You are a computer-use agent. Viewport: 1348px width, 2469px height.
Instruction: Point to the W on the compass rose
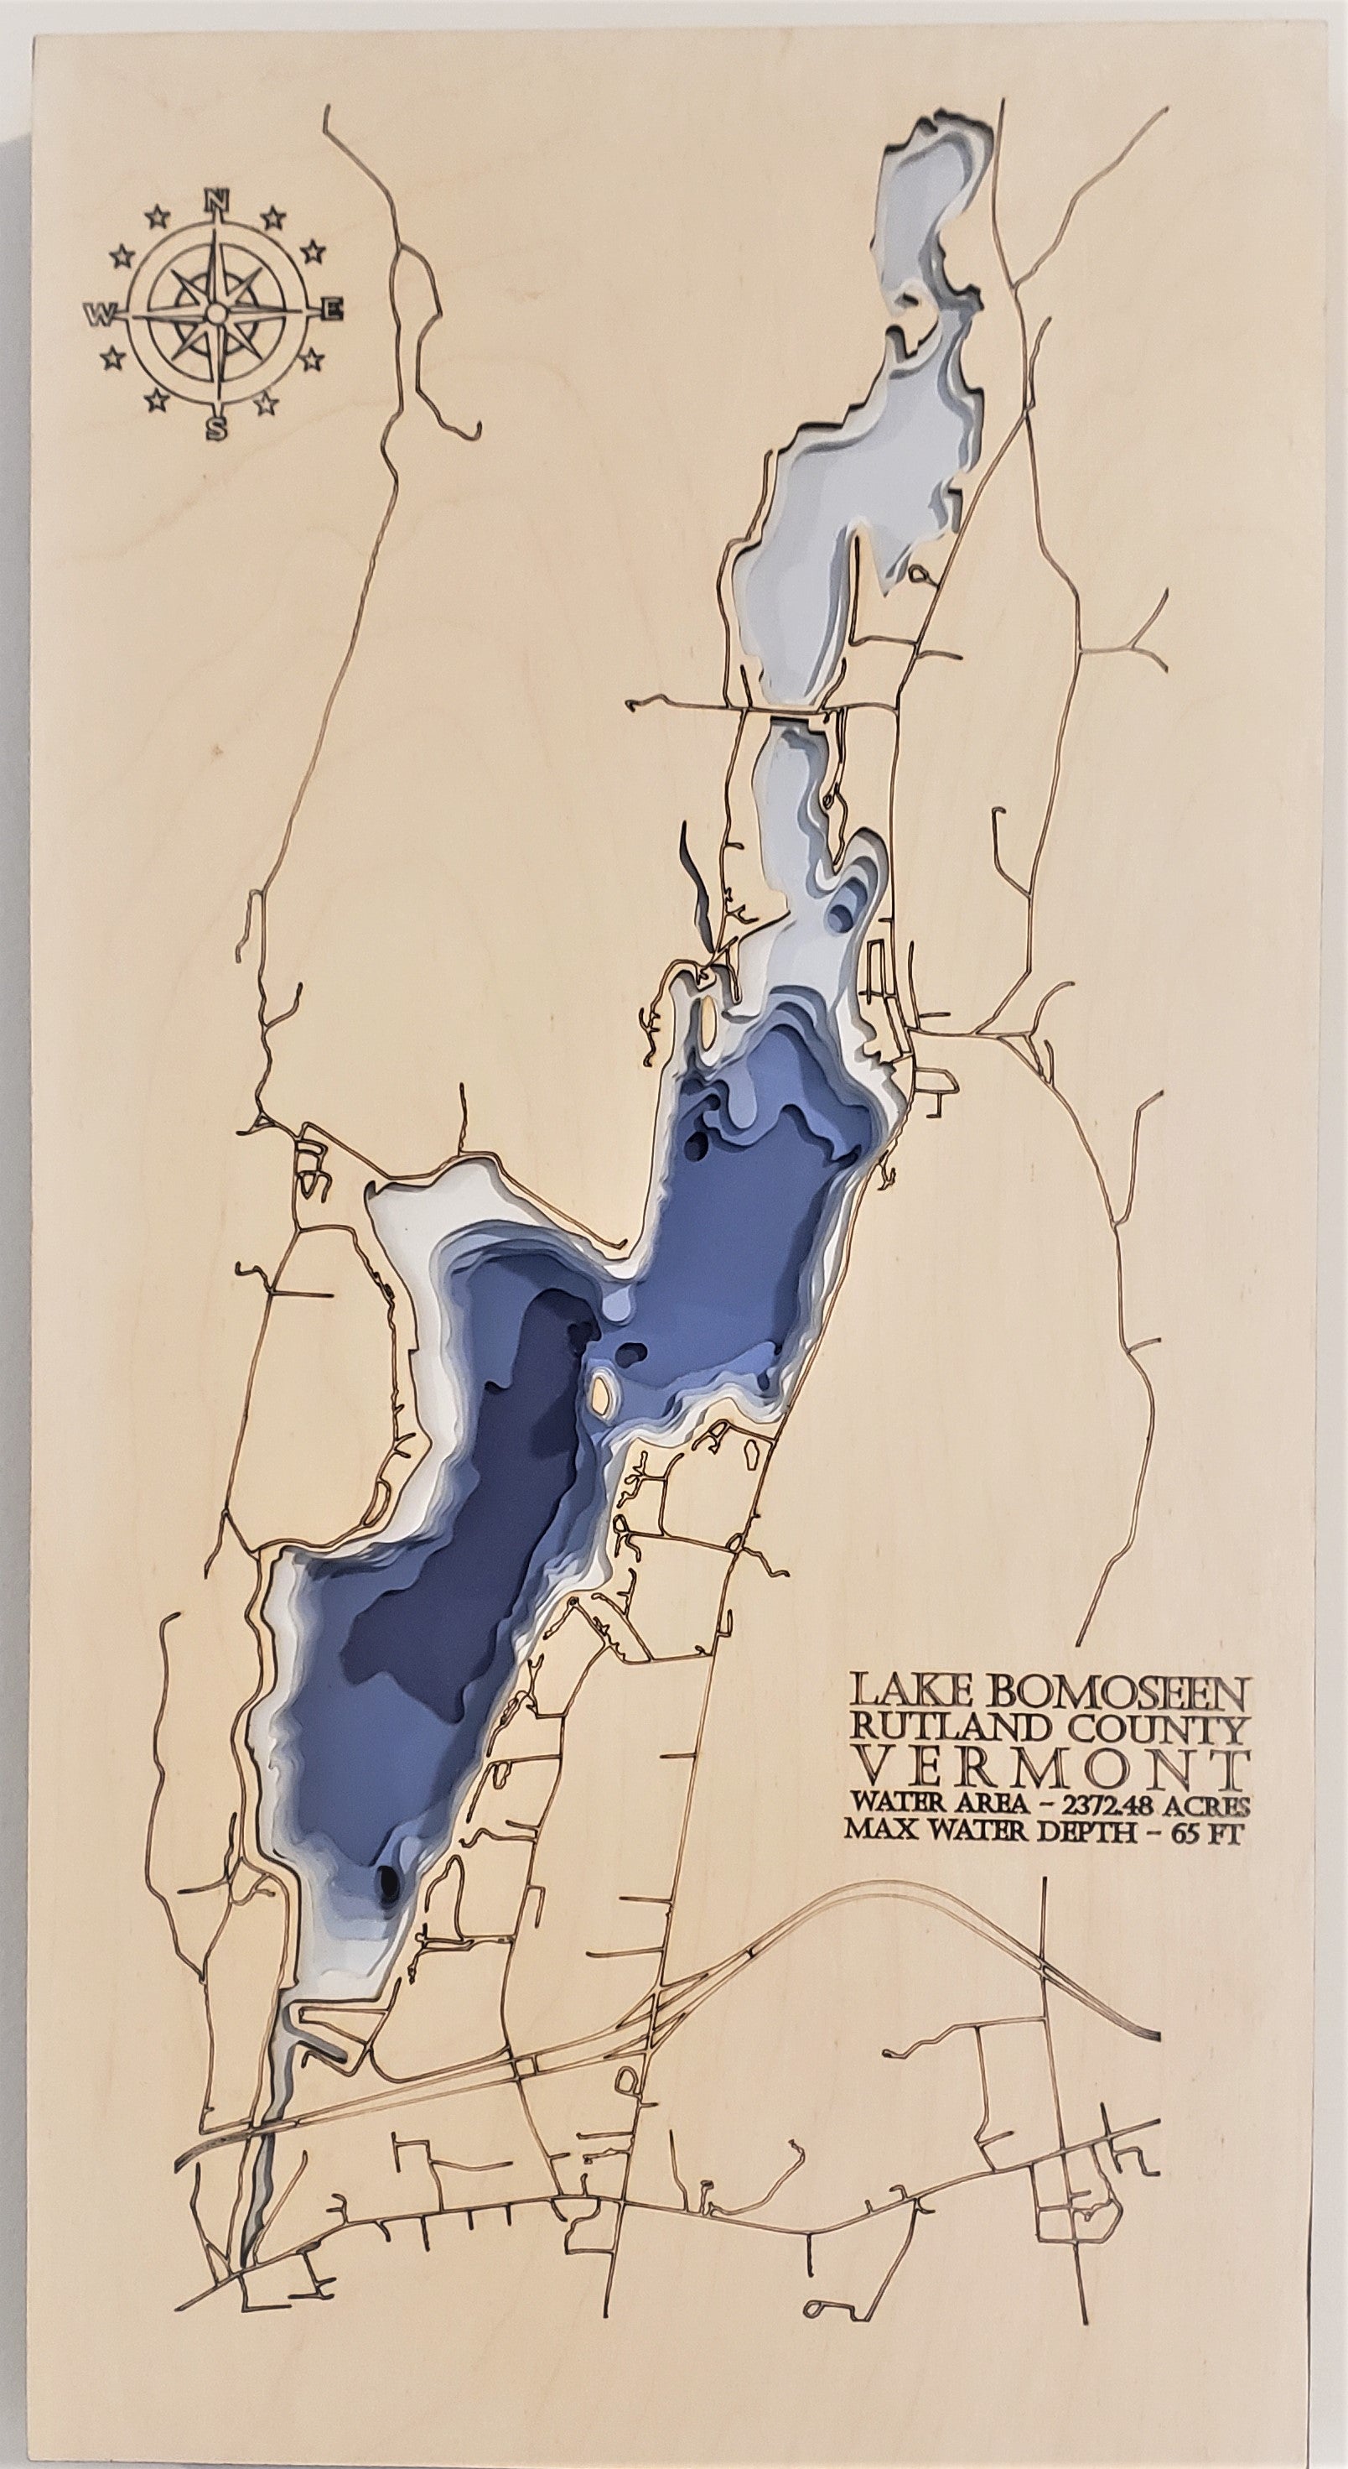tap(100, 315)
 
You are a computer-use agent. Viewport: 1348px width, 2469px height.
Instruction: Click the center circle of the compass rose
tap(217, 314)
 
